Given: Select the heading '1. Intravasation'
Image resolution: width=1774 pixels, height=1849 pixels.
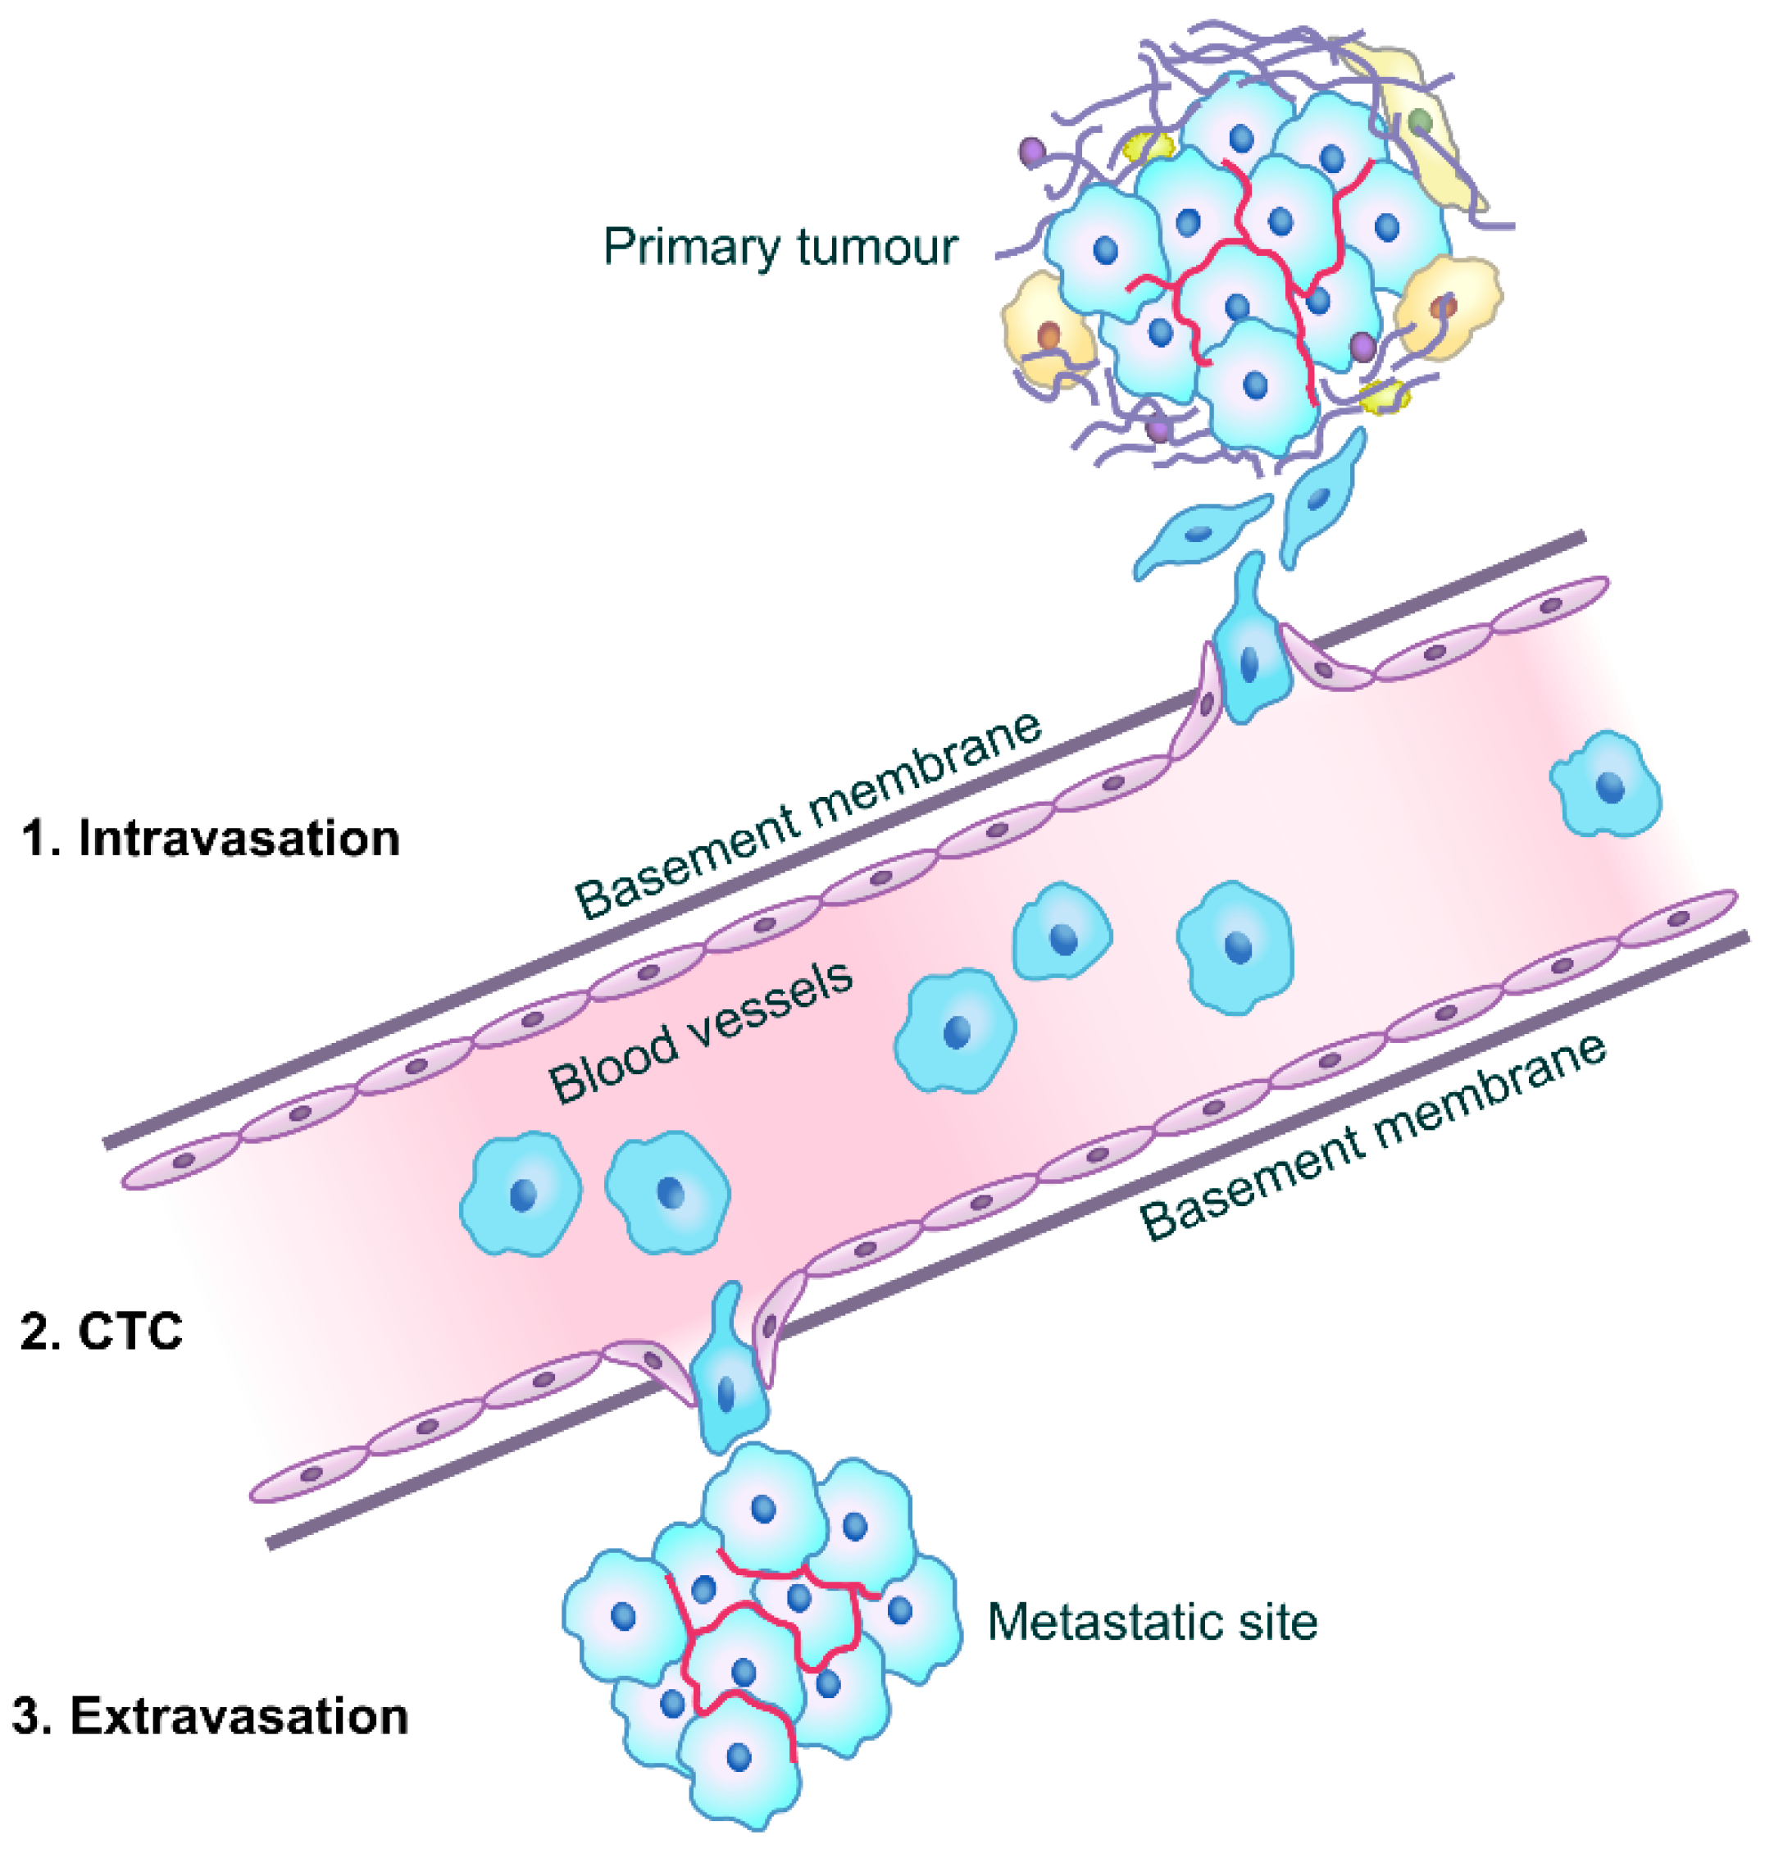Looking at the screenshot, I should tap(212, 838).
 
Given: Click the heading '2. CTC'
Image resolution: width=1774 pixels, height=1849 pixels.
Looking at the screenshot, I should tap(102, 1331).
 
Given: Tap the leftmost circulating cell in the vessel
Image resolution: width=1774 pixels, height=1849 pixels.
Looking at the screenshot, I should tap(521, 1193).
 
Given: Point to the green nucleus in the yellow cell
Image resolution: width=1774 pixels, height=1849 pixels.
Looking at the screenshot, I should tap(1419, 121).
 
